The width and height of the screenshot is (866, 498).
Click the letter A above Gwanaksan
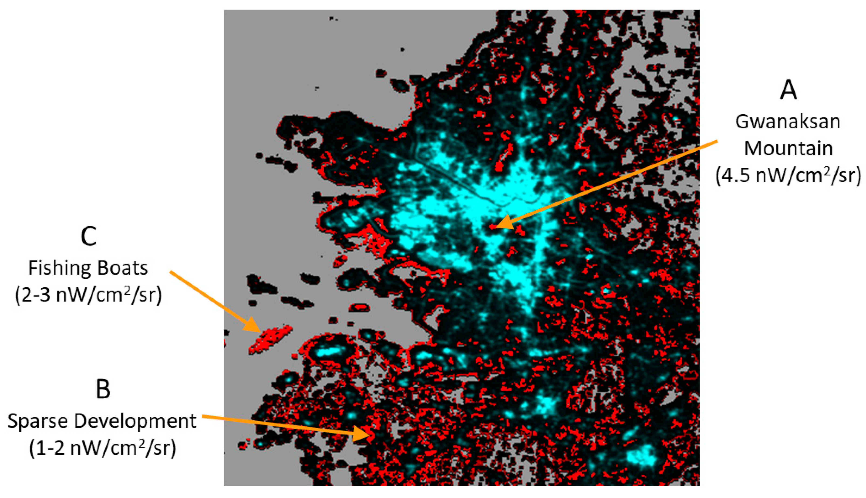788,91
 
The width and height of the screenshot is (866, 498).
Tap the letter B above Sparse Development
103,389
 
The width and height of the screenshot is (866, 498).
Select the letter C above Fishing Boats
88,236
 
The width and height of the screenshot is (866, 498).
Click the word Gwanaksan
788,122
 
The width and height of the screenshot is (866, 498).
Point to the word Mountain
788,149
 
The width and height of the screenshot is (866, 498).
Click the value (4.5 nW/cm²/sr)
788,175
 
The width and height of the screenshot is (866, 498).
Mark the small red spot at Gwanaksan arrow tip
492,227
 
